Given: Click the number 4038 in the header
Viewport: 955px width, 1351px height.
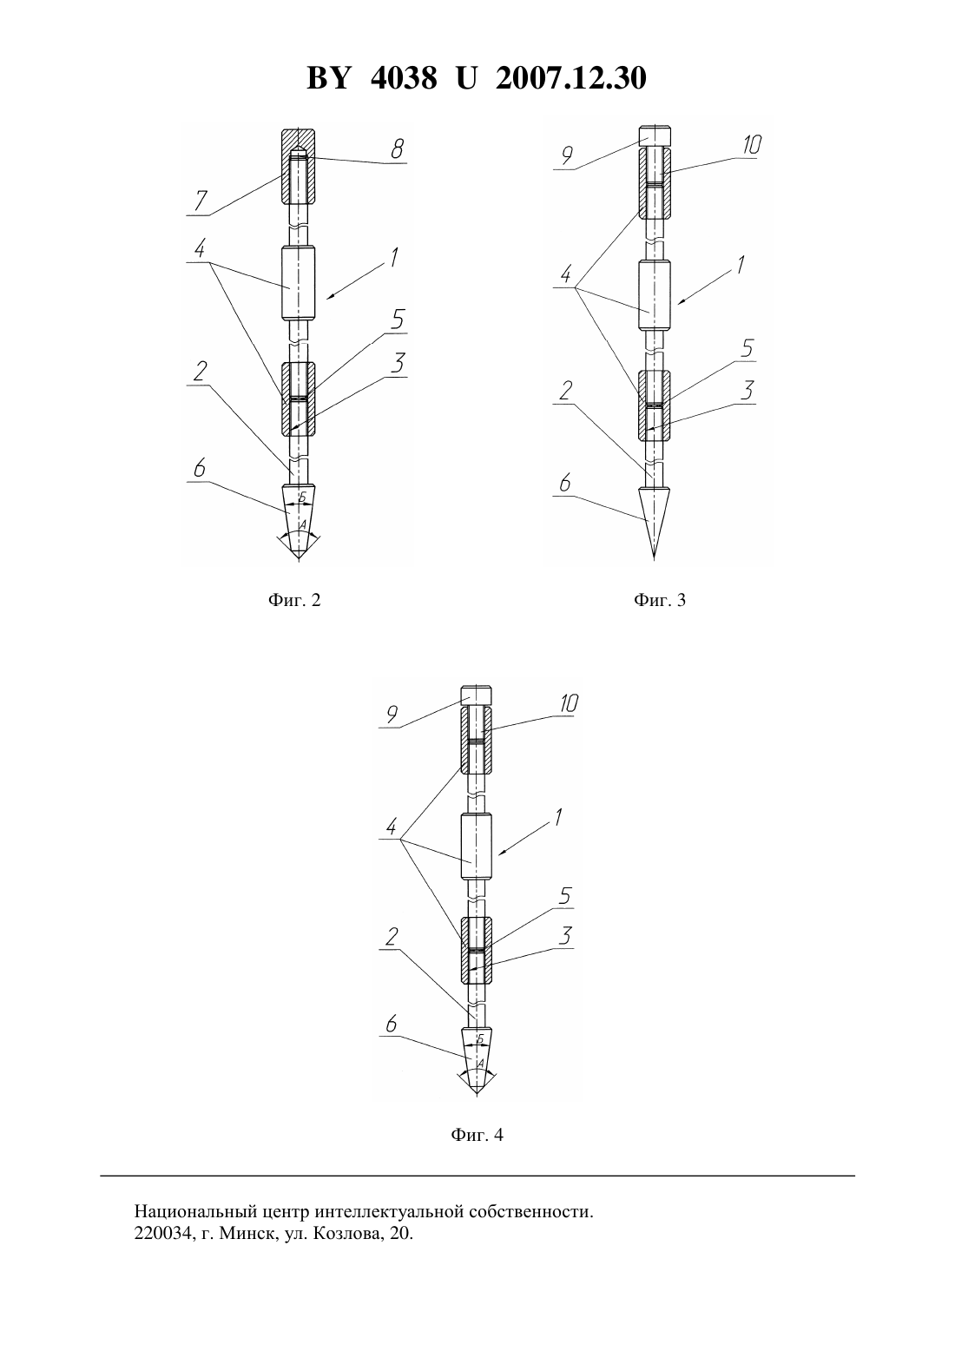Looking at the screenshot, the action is (404, 78).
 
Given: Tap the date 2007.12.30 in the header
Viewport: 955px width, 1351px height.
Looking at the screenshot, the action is (571, 78).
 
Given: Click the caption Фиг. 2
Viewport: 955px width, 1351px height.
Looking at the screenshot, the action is (294, 600).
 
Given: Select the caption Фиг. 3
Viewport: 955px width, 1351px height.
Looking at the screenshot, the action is (660, 600).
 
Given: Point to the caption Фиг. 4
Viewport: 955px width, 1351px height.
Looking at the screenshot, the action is (477, 1135).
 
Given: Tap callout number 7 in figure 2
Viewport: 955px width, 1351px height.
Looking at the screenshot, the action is (201, 201).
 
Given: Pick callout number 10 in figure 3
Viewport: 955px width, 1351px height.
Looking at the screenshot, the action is (751, 145).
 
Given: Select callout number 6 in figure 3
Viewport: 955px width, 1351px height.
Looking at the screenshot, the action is (565, 484).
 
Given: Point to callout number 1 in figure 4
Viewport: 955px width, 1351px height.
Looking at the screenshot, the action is (558, 817).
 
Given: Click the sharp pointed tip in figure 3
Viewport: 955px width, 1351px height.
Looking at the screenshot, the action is (654, 558).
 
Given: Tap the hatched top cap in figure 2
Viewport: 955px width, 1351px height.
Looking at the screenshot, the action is (299, 167).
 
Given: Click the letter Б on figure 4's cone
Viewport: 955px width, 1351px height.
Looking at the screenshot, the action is (480, 1038).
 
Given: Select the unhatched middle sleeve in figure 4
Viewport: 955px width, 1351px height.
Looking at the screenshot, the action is (477, 847).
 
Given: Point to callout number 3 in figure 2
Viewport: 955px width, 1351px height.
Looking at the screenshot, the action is (397, 364).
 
